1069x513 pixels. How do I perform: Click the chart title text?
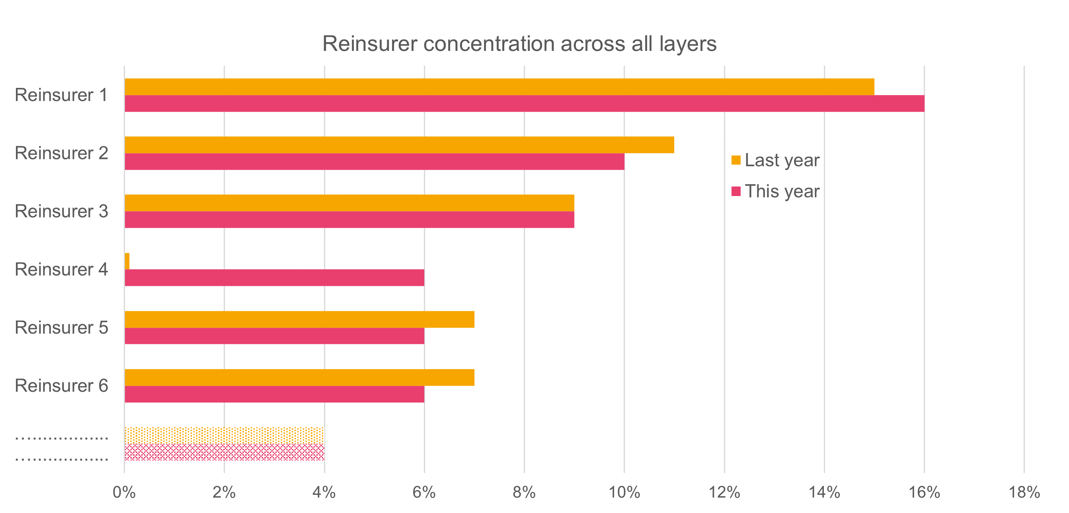tap(519, 43)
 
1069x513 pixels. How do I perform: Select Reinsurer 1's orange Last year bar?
tap(499, 87)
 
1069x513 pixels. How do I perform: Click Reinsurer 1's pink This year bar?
tap(524, 103)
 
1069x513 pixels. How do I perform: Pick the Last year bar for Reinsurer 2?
tap(399, 145)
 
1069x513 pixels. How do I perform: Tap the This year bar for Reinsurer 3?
tap(349, 220)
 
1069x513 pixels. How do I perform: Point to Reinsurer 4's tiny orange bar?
tap(127, 261)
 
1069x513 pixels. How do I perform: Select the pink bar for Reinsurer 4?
tap(274, 278)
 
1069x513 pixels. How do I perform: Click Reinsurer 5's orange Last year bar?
tap(299, 319)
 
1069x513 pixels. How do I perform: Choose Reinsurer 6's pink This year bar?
tap(274, 394)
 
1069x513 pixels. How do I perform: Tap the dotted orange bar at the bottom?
tap(224, 435)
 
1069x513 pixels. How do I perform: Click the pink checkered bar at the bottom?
tap(224, 452)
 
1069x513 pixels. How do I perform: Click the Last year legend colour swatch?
tap(736, 160)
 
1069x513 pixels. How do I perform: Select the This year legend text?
tap(782, 191)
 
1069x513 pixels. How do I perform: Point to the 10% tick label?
tap(624, 492)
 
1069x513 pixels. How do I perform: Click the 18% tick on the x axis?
tap(1024, 492)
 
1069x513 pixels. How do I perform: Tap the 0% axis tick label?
tap(124, 492)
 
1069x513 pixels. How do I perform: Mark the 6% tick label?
tap(424, 492)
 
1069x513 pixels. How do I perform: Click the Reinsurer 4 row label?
tap(61, 270)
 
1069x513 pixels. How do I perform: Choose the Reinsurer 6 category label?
tap(61, 386)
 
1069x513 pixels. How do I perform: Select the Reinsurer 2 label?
tap(61, 153)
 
